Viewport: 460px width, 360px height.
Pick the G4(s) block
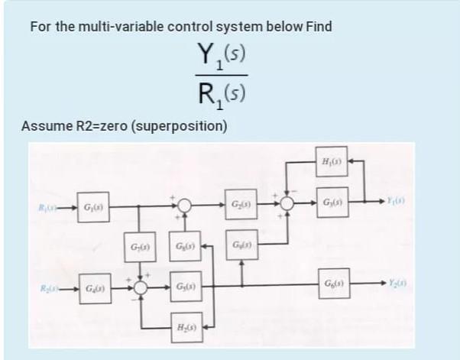click(x=92, y=290)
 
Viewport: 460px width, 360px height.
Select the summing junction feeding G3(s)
click(x=287, y=205)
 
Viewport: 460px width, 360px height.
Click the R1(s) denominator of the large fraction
click(x=220, y=96)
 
